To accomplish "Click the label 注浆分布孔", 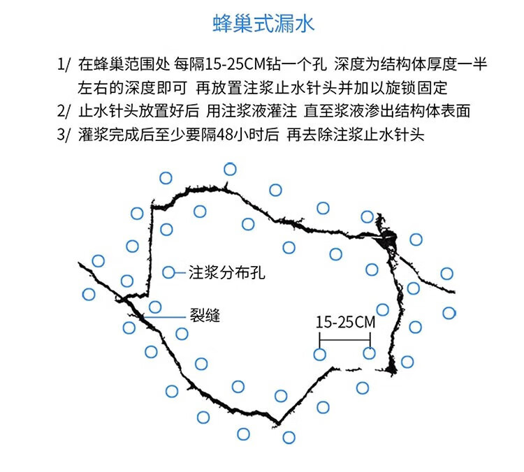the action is [227, 272].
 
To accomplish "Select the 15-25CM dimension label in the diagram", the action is [345, 323].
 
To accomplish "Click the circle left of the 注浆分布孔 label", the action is [168, 272].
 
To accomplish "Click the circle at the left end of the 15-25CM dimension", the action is [319, 354].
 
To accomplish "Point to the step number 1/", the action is [64, 64].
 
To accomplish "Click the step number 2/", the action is [64, 110].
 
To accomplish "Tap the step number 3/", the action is [64, 134].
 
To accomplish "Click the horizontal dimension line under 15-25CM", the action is [344, 341].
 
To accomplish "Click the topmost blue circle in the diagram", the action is [230, 169].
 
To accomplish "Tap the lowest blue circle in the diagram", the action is [289, 438].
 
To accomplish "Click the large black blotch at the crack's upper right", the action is [386, 239].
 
